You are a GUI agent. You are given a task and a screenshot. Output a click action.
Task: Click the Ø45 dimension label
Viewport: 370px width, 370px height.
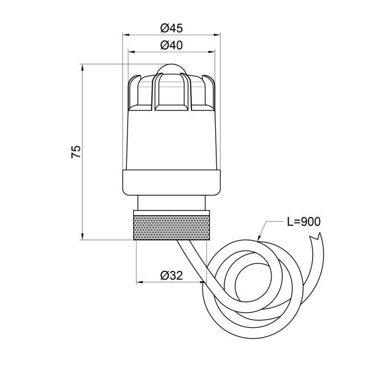(x=171, y=27)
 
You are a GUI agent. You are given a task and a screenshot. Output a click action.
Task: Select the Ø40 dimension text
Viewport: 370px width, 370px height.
(x=171, y=46)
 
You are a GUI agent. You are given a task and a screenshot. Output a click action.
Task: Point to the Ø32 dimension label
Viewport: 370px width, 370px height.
(x=171, y=276)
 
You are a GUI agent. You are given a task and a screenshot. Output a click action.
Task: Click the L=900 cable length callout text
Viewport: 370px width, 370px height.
(x=302, y=221)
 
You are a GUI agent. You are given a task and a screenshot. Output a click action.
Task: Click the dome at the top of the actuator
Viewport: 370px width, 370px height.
(x=171, y=69)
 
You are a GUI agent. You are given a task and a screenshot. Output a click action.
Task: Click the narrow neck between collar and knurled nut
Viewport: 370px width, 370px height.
(x=171, y=203)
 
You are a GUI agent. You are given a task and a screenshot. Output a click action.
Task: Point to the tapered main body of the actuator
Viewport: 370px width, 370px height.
(x=171, y=139)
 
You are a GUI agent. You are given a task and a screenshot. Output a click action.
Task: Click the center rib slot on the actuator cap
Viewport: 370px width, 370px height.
(x=171, y=91)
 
